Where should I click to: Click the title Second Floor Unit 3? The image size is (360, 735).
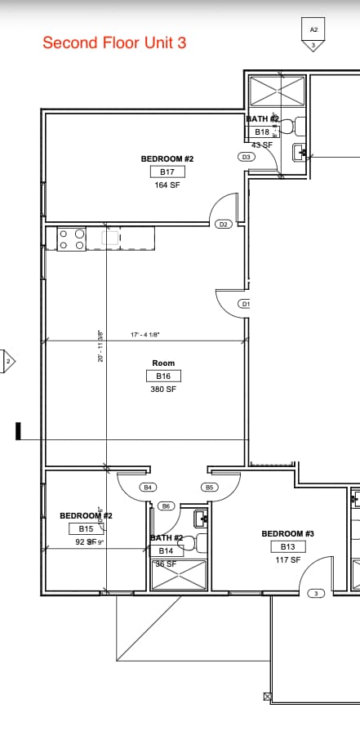114,42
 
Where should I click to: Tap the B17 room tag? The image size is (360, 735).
167,171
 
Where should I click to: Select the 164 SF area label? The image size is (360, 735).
167,185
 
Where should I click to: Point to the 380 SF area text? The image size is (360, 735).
163,390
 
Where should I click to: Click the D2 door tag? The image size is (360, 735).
224,224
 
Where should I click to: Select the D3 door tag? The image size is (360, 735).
246,157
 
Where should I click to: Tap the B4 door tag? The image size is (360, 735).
148,487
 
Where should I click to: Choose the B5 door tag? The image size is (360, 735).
209,487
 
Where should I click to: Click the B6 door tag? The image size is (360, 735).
166,506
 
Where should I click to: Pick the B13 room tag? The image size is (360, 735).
287,546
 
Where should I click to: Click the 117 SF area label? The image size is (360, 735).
287,560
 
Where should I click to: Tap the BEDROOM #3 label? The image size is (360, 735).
287,533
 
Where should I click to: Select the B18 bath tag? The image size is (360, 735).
262,131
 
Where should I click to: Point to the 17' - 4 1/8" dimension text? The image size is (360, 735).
145,334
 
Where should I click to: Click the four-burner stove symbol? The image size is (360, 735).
72,239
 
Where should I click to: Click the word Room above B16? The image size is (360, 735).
163,363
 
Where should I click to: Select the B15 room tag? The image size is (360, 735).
86,528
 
